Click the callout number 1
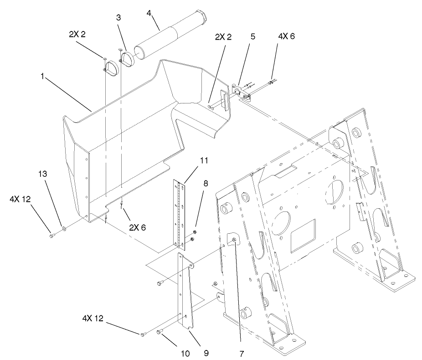(42, 77)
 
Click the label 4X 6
(286, 37)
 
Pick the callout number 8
(206, 184)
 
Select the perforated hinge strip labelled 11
(182, 212)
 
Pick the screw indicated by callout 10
(160, 333)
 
